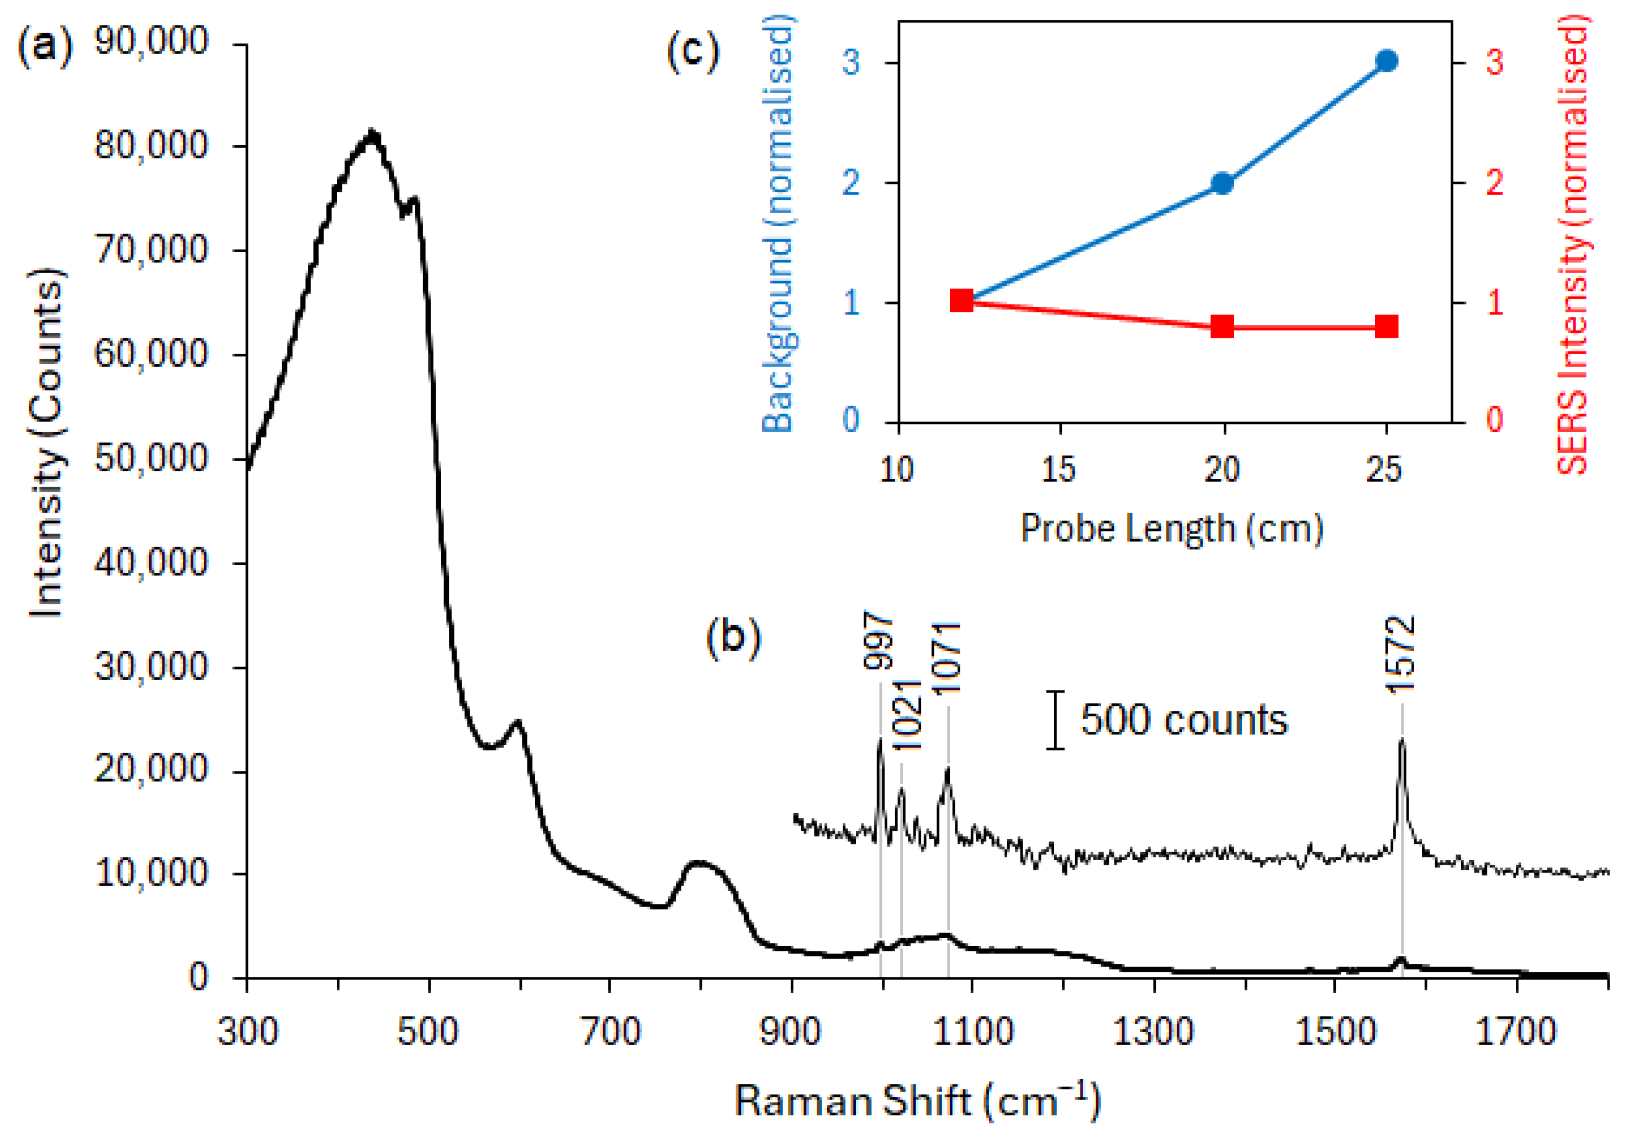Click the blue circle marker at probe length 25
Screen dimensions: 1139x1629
1387,62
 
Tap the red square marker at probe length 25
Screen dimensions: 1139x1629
1387,327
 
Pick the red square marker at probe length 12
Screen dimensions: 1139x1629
961,300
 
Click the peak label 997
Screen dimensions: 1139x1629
879,641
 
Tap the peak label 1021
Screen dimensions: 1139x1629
906,715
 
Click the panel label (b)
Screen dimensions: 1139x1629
733,636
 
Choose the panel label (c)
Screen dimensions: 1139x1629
692,52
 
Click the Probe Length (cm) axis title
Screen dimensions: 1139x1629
1171,528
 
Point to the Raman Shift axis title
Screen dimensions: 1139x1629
917,1101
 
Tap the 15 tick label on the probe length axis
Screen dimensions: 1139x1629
1059,469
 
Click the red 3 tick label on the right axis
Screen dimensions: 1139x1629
1494,62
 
